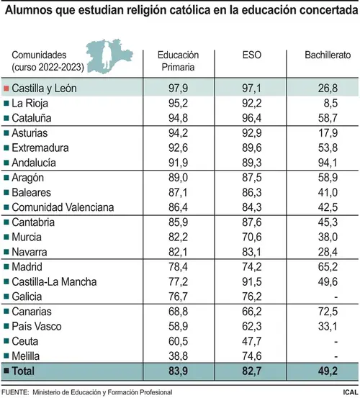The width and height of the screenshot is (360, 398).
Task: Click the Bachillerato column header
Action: point(328,55)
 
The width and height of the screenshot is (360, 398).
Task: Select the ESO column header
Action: point(251,55)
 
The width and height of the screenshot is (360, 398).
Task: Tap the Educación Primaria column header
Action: point(178,61)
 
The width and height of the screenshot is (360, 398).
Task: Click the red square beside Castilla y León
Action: point(6,89)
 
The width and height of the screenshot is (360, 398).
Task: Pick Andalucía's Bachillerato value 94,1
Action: point(328,163)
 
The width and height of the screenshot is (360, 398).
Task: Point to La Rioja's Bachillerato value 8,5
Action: point(330,104)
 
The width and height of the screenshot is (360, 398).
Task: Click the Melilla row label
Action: point(26,356)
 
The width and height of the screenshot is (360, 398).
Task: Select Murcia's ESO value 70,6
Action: point(251,237)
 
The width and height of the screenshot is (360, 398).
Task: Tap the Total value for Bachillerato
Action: point(328,371)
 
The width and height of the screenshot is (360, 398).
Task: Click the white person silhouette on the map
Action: point(107,56)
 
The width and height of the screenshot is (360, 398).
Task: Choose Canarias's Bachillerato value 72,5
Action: point(328,312)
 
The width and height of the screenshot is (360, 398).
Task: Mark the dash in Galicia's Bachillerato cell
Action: point(336,297)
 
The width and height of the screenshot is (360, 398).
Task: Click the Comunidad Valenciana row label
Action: point(63,207)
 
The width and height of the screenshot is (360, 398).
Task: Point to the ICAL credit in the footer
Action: point(351,392)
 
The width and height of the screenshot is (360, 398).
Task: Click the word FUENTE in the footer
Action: point(15,392)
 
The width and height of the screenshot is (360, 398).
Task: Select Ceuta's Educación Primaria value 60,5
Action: point(178,341)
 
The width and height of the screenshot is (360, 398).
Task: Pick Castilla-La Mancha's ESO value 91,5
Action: point(251,281)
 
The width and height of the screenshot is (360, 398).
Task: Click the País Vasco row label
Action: point(37,327)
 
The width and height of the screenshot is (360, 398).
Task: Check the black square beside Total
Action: point(6,371)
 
